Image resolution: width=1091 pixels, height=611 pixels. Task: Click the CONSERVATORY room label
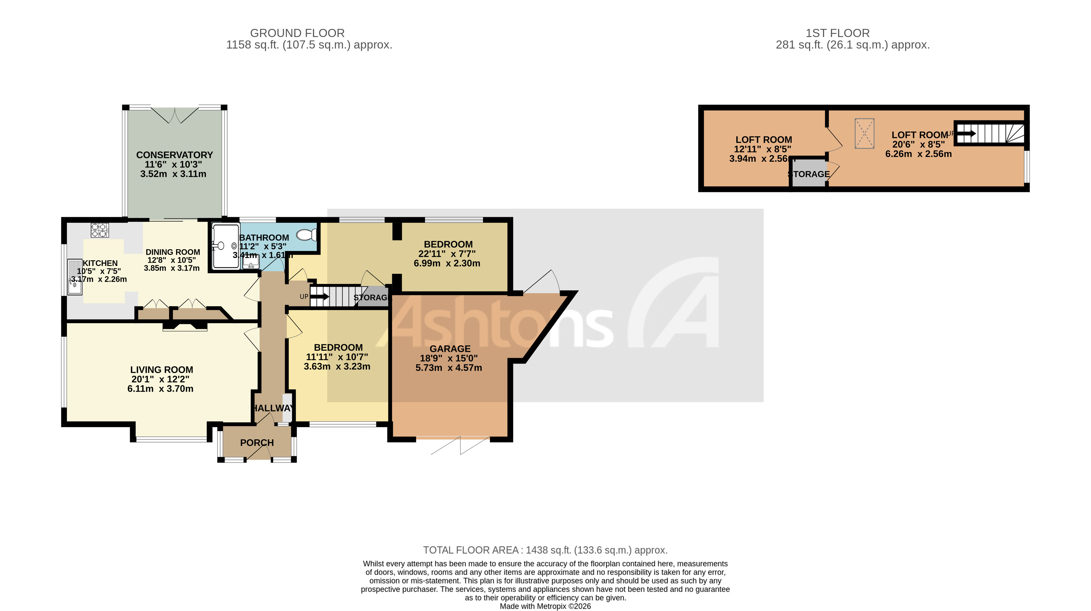click(174, 155)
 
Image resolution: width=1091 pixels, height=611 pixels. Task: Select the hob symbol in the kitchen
click(100, 230)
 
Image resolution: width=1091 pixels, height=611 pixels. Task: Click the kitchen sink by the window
click(75, 277)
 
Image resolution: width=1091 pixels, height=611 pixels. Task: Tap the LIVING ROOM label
click(161, 370)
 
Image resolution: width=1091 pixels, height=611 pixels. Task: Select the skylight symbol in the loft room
click(864, 133)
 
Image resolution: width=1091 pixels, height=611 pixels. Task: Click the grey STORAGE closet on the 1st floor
click(809, 173)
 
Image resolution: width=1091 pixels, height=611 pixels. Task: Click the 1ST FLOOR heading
click(837, 33)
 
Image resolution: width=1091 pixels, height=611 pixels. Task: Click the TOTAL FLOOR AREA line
click(545, 550)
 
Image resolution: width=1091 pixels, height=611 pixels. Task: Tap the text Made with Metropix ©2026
click(545, 606)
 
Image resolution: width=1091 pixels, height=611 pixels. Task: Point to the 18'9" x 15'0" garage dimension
click(449, 358)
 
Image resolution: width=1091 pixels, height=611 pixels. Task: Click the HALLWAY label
click(273, 408)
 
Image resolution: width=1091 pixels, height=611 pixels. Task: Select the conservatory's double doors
click(175, 115)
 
